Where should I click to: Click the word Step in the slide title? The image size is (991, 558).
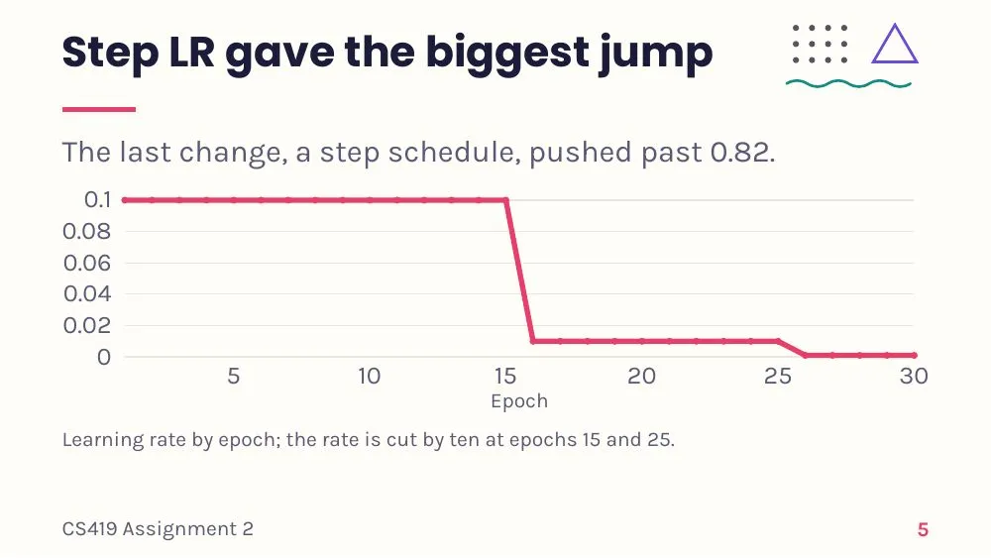110,53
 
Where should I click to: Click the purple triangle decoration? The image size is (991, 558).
894,44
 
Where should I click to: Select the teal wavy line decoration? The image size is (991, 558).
848,84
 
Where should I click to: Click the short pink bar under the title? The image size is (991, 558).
98,109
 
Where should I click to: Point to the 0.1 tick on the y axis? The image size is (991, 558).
97,199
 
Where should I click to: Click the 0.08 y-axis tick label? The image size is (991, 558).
86,231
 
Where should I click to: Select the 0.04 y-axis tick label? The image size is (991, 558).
87,293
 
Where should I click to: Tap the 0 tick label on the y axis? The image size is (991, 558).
104,357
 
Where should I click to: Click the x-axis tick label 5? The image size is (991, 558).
233,376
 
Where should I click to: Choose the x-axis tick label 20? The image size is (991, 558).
641,376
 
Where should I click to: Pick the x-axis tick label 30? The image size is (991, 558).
914,376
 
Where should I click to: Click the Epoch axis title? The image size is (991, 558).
519,402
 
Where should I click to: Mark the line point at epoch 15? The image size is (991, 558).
505,200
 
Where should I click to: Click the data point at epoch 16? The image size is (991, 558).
533,341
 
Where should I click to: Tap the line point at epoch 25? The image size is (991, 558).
778,341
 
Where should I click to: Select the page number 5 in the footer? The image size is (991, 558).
923,529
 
